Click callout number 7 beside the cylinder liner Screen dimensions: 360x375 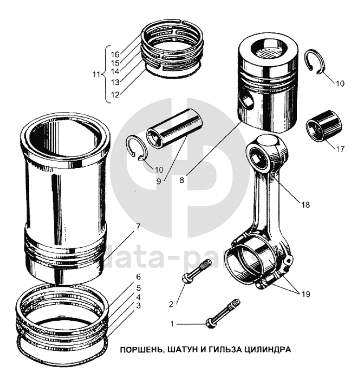(x=137, y=227)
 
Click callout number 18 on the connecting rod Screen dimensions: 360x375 (x=306, y=205)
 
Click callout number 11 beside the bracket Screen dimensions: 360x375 (x=96, y=74)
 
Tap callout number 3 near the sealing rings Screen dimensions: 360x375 (x=137, y=305)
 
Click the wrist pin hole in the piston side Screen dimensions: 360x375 (x=247, y=101)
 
